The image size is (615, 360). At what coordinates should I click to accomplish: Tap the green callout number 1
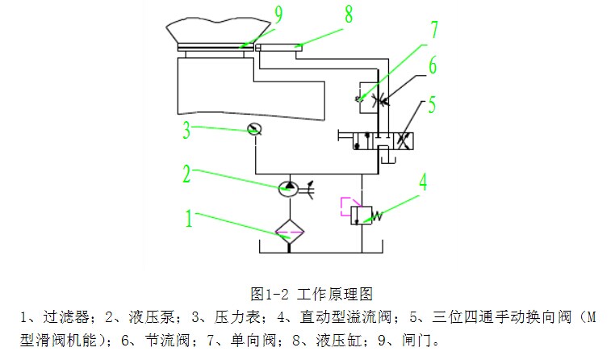[x=190, y=218]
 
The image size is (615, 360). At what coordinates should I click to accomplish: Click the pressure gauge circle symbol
[x=253, y=128]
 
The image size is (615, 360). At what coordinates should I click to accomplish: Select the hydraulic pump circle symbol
[x=288, y=188]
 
